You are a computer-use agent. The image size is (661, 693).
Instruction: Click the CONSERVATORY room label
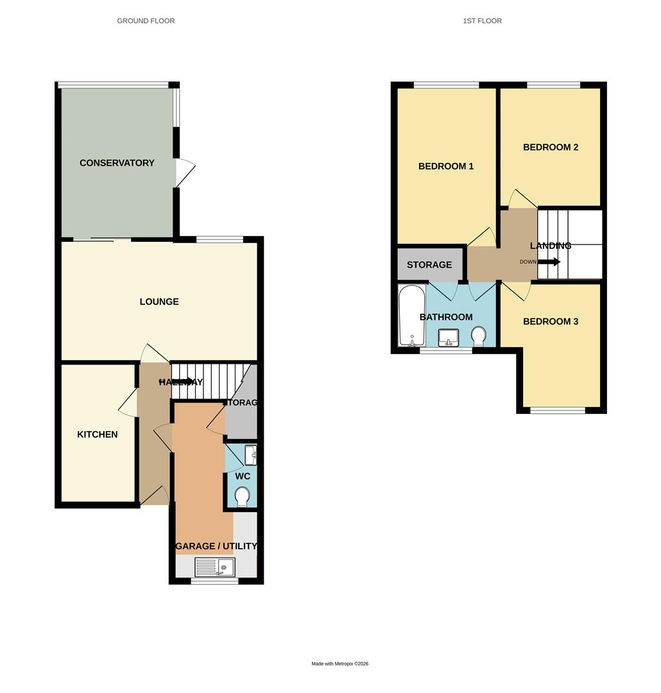(x=117, y=163)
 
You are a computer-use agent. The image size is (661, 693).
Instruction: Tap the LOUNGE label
(x=159, y=302)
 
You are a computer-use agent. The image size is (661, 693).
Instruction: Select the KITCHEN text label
(x=98, y=434)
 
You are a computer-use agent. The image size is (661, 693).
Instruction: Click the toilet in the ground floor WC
(x=243, y=497)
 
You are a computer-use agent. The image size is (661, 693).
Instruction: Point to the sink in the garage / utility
(x=215, y=567)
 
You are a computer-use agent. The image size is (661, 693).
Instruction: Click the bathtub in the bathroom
(x=411, y=316)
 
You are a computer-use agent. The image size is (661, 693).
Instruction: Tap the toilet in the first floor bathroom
(x=478, y=336)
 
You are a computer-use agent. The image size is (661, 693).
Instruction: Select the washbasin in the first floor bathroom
(x=449, y=336)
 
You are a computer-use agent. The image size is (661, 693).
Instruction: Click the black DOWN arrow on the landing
(x=549, y=262)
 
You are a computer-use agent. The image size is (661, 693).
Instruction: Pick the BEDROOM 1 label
(x=446, y=166)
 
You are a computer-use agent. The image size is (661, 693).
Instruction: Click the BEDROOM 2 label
(x=551, y=147)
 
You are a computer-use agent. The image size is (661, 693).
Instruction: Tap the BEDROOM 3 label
(x=551, y=321)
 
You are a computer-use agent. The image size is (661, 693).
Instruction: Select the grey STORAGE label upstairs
(x=429, y=264)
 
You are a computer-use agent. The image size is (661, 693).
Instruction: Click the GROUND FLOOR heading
(x=146, y=21)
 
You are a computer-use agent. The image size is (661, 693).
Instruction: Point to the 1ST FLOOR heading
(x=482, y=21)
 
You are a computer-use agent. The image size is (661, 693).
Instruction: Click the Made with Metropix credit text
(x=340, y=663)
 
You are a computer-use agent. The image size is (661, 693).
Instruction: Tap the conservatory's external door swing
(x=185, y=172)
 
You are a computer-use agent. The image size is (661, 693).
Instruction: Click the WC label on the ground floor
(x=243, y=476)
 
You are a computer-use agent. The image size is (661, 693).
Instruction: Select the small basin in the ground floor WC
(x=252, y=455)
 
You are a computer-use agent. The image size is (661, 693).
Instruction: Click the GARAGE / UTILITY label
(x=216, y=546)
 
